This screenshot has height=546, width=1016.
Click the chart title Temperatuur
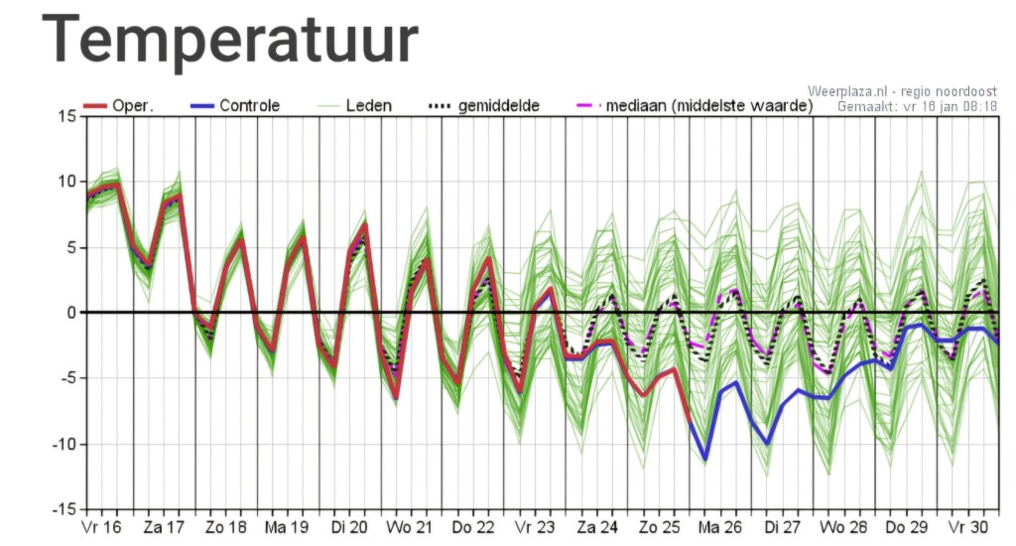tap(230, 40)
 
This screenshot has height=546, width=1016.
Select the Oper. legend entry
tap(119, 105)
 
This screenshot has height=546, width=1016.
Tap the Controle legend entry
tap(235, 105)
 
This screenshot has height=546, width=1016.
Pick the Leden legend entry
tap(354, 105)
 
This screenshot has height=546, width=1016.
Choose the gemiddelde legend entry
tap(484, 105)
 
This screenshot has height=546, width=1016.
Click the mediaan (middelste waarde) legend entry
tap(695, 105)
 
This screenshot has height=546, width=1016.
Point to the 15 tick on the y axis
tap(66, 117)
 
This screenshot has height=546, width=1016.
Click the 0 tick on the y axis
tap(71, 313)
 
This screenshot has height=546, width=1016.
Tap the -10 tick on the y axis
tap(63, 444)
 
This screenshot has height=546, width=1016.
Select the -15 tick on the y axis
tap(63, 509)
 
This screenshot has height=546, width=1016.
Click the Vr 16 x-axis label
tap(102, 527)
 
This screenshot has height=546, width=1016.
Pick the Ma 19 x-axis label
tap(287, 527)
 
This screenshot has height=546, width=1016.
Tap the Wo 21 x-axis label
tap(409, 527)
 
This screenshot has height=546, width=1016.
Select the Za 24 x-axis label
tap(596, 527)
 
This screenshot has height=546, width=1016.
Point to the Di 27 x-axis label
tap(782, 527)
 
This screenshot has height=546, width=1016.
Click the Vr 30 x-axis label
tap(968, 527)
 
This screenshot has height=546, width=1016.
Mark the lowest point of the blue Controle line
tap(705, 459)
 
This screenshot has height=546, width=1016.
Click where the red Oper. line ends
tap(691, 422)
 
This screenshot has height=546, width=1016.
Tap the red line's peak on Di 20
tap(365, 224)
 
